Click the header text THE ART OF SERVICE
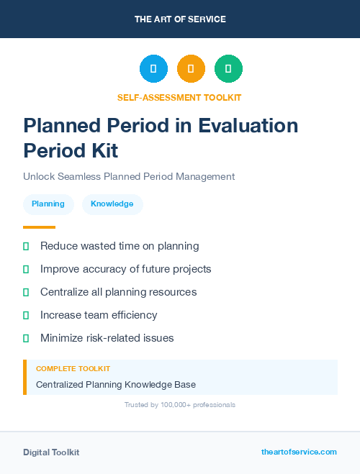pyautogui.click(x=180, y=19)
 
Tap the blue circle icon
pyautogui.click(x=153, y=69)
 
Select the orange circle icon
pyautogui.click(x=191, y=69)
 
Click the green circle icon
pyautogui.click(x=228, y=69)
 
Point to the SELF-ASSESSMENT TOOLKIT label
pyautogui.click(x=180, y=97)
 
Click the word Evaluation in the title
pyautogui.click(x=238, y=125)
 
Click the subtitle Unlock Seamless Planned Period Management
pyautogui.click(x=129, y=176)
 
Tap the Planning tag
pyautogui.click(x=48, y=204)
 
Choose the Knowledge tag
pyautogui.click(x=112, y=204)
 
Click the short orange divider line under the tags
pyautogui.click(x=40, y=227)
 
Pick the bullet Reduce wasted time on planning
pyautogui.click(x=120, y=246)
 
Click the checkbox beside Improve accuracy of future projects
pyautogui.click(x=26, y=269)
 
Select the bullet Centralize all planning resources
pyautogui.click(x=118, y=292)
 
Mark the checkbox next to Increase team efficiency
pyautogui.click(x=26, y=315)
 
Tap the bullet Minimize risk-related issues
pyautogui.click(x=107, y=338)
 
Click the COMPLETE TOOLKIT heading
pyautogui.click(x=73, y=369)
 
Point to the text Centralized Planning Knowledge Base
pyautogui.click(x=116, y=385)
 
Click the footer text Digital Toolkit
pyautogui.click(x=51, y=452)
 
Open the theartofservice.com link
pyautogui.click(x=299, y=452)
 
